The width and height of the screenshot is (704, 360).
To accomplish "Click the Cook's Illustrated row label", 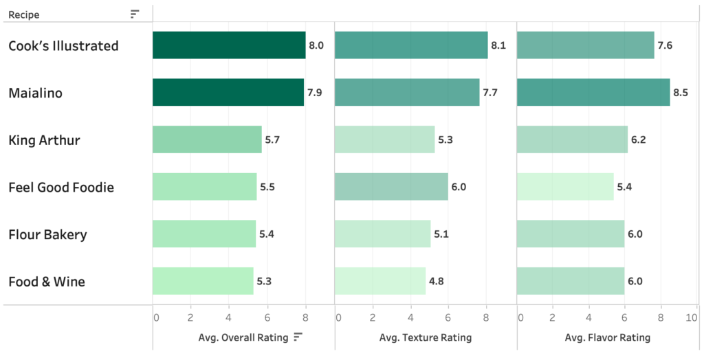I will coord(63,46).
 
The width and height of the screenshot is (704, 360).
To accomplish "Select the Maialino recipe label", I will coord(35,93).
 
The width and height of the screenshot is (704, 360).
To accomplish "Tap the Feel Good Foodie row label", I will coord(61,188).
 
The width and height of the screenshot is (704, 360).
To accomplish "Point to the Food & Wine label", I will coord(47,282).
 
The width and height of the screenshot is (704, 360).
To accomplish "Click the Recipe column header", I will coord(24,14).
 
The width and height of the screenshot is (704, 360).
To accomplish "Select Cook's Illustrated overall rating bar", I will coord(228,45).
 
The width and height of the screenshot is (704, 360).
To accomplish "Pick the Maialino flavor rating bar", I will coord(593,93).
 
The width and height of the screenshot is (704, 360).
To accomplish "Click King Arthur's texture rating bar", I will coord(384,139).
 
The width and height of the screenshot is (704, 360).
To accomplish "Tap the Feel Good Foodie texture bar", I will coord(391,187).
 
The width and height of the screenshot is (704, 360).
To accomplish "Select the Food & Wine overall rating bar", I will coord(203,281).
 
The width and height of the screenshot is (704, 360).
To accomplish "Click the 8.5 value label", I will coord(681,93).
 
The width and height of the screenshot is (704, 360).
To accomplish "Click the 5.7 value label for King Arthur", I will coord(273,140).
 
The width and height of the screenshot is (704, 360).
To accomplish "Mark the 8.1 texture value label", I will coord(498,46).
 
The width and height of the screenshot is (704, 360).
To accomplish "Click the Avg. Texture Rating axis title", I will coord(425,337).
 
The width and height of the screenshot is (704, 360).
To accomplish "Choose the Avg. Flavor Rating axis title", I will coord(607,337).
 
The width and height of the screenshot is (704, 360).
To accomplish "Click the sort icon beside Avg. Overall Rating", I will coord(298,337).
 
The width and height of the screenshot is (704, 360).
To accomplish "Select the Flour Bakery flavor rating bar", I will coord(570,234).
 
